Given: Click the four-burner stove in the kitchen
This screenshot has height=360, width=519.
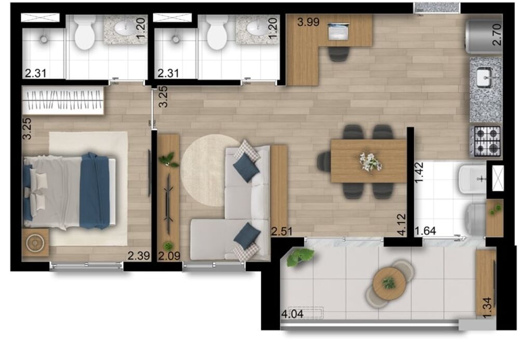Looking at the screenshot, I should pyautogui.click(x=486, y=141).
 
